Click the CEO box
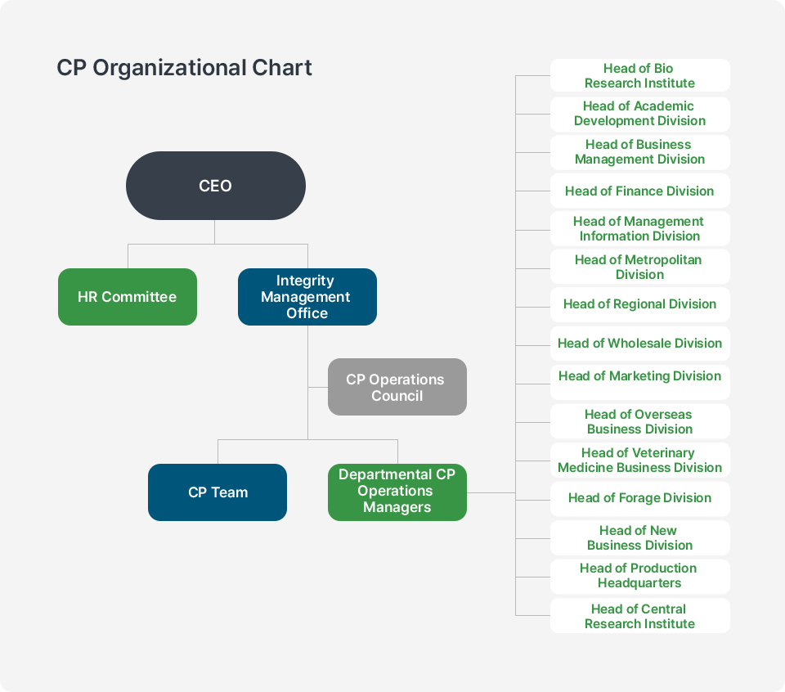click(x=215, y=186)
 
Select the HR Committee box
click(x=128, y=297)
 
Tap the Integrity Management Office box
click(x=307, y=297)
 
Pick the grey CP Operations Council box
click(x=397, y=387)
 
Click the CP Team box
click(x=218, y=492)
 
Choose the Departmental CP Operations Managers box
click(x=397, y=492)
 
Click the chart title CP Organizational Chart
click(x=184, y=67)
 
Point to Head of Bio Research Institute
click(x=639, y=75)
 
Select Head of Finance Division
click(x=639, y=191)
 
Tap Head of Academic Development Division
click(x=639, y=114)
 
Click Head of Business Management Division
click(x=639, y=152)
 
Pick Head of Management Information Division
click(x=639, y=229)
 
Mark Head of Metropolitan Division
click(x=639, y=267)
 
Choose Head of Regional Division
click(x=639, y=304)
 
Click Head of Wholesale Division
click(x=639, y=344)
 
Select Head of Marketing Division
click(x=639, y=376)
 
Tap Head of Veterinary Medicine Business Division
click(x=639, y=460)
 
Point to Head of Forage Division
click(x=639, y=498)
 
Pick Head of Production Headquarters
click(x=639, y=576)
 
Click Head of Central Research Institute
click(x=639, y=616)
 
